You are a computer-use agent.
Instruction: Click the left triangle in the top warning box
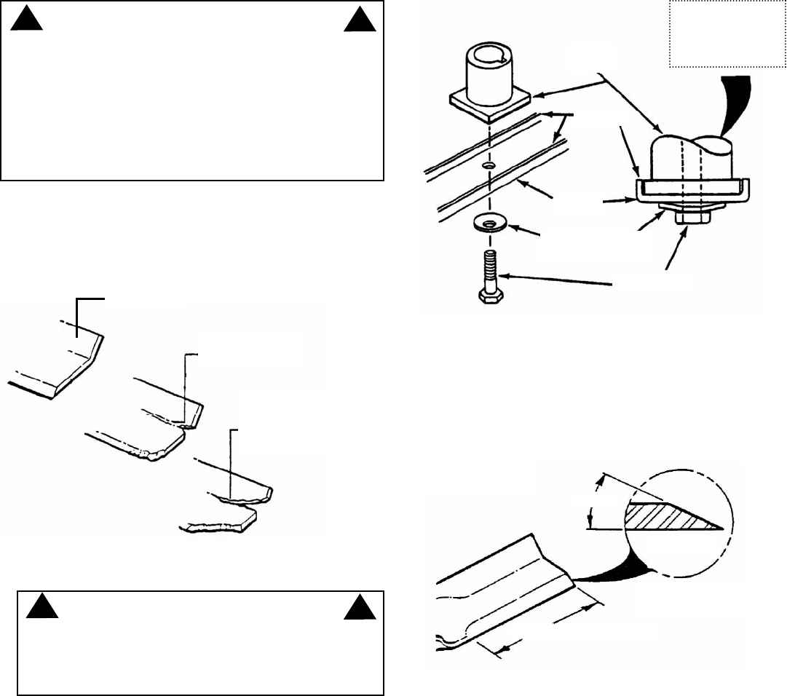pyautogui.click(x=27, y=21)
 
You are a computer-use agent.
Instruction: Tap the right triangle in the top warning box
pyautogui.click(x=359, y=21)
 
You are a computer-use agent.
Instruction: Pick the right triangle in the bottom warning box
pyautogui.click(x=359, y=608)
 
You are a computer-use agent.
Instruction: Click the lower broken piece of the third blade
pyautogui.click(x=218, y=524)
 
